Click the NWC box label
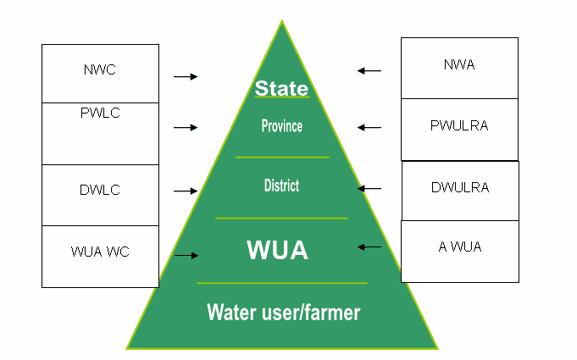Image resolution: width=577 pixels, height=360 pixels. pyautogui.click(x=100, y=69)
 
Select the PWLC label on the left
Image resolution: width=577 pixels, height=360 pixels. pyautogui.click(x=100, y=114)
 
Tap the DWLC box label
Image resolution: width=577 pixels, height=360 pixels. pyautogui.click(x=100, y=190)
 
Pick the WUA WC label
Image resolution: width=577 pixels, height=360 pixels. pyautogui.click(x=100, y=252)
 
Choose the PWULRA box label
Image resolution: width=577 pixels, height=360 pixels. pyautogui.click(x=459, y=126)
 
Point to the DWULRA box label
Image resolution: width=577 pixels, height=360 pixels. pyautogui.click(x=460, y=188)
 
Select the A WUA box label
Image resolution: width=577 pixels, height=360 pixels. pyautogui.click(x=460, y=247)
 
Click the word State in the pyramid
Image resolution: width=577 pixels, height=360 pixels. pyautogui.click(x=281, y=88)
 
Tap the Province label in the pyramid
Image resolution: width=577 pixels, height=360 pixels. pyautogui.click(x=281, y=126)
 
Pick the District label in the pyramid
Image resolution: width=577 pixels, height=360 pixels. pyautogui.click(x=281, y=186)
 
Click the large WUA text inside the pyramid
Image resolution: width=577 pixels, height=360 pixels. pyautogui.click(x=277, y=250)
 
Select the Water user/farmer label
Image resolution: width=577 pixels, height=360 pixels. pyautogui.click(x=283, y=313)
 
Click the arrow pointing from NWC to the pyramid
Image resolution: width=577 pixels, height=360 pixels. pyautogui.click(x=186, y=76)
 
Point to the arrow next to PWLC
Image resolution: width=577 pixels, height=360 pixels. pyautogui.click(x=186, y=127)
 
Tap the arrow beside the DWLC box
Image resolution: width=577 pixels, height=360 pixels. pyautogui.click(x=186, y=191)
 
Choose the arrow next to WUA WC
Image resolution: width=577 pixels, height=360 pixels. pyautogui.click(x=186, y=254)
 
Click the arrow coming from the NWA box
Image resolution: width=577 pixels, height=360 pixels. pyautogui.click(x=369, y=70)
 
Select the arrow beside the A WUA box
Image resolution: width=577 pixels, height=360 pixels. pyautogui.click(x=369, y=246)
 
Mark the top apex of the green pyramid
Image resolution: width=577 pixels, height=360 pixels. pyautogui.click(x=281, y=21)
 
